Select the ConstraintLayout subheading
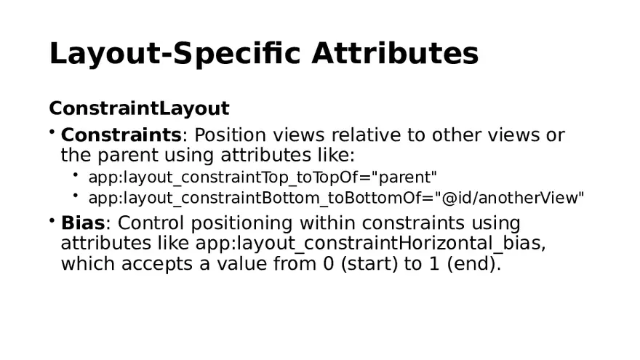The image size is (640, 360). tap(139, 108)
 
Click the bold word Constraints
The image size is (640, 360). tap(121, 135)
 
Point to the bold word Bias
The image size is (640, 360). tap(83, 223)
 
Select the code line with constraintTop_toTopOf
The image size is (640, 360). tap(263, 177)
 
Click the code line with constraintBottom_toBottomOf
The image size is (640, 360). tap(336, 198)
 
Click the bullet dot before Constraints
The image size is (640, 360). tap(52, 132)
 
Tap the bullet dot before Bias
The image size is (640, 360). tap(52, 219)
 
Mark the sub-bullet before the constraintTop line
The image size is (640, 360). tap(76, 175)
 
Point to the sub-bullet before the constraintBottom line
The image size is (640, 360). tap(76, 195)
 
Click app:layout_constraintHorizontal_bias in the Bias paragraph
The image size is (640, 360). tap(369, 243)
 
